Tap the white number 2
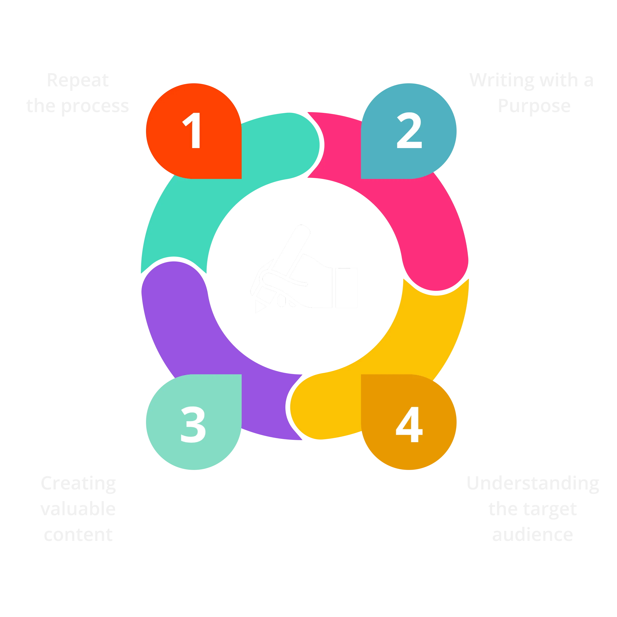pyautogui.click(x=409, y=131)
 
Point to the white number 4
pyautogui.click(x=409, y=424)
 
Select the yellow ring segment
pyautogui.click(x=425, y=339)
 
